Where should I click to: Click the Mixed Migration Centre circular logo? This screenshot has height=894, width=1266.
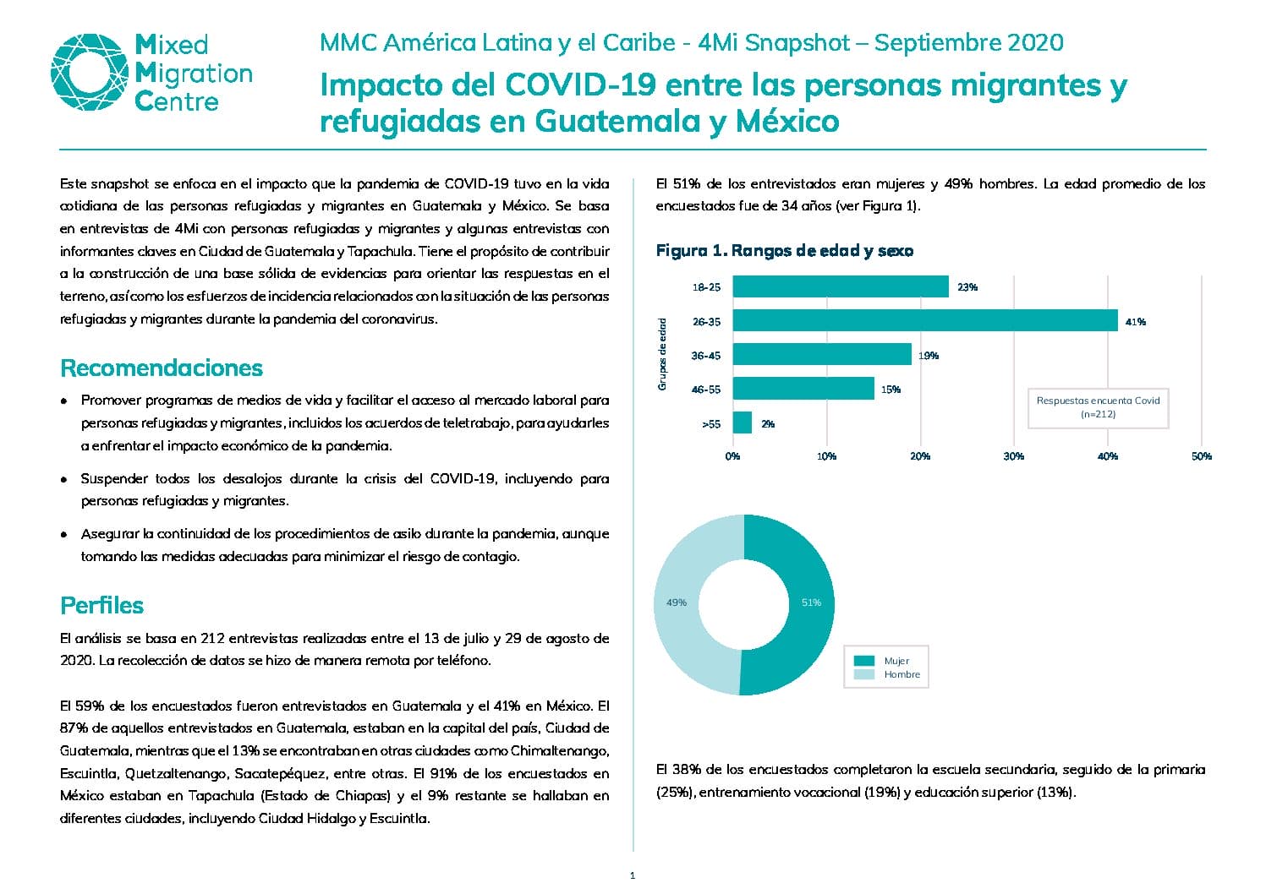(90, 72)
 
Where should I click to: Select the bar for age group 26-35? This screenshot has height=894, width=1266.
(924, 320)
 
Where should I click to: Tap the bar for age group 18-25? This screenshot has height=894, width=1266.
(841, 286)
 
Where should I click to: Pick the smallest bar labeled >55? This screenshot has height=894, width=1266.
(742, 422)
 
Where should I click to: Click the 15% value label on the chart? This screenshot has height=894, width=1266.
(891, 389)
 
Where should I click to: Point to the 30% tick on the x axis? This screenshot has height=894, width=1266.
(1013, 455)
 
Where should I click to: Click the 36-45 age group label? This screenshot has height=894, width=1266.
(706, 355)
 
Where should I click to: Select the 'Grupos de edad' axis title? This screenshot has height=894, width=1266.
(662, 354)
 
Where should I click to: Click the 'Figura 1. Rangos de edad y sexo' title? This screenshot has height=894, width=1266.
(785, 250)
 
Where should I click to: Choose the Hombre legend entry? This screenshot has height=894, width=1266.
(886, 674)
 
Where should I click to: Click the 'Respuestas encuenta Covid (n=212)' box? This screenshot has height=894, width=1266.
(1098, 407)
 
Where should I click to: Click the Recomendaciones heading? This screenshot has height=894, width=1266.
(162, 368)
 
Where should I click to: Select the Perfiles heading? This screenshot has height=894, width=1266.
(101, 605)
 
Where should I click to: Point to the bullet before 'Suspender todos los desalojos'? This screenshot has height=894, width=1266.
(64, 480)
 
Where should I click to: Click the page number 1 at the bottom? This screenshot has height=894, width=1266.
(633, 875)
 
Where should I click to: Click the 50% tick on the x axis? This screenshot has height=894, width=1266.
(1201, 455)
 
